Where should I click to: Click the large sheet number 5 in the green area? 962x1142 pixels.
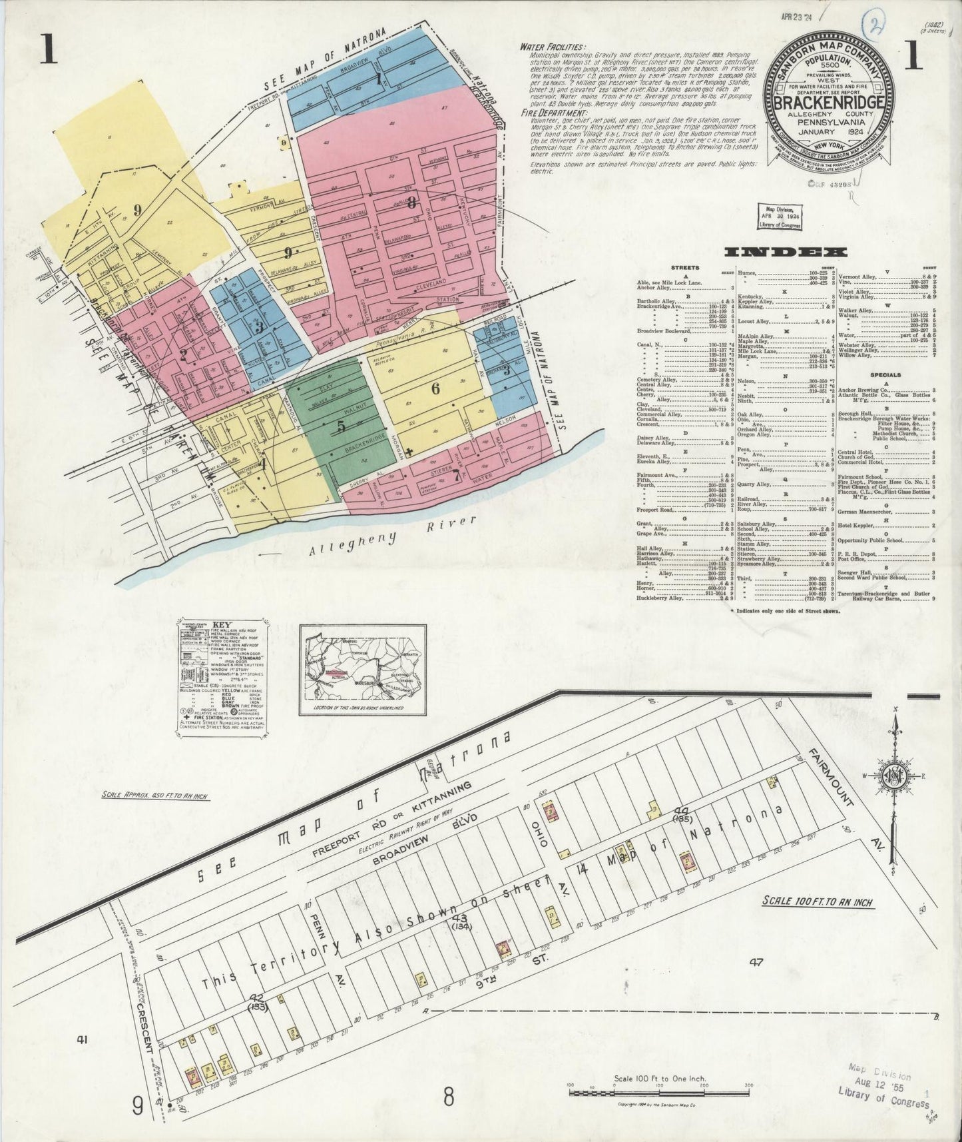[x=340, y=426]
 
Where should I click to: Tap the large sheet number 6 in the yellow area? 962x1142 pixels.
[x=435, y=389]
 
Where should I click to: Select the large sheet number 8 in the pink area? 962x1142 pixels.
[x=413, y=203]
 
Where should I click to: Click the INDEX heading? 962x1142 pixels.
[x=785, y=252]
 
